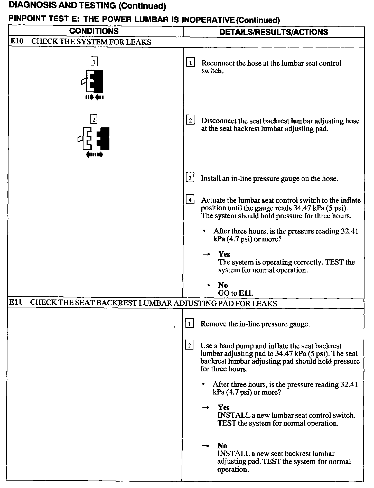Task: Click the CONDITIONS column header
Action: pos(94,31)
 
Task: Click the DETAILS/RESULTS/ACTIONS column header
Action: pos(274,32)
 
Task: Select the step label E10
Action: pos(16,42)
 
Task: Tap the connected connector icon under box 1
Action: pos(93,81)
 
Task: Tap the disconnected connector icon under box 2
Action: pos(94,138)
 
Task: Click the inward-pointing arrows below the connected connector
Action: pos(95,97)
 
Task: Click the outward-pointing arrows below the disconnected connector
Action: pos(94,155)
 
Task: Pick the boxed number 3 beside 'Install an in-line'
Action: pos(190,178)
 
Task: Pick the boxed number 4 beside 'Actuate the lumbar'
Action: pos(190,200)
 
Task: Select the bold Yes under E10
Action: pos(224,254)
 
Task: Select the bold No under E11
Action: pos(222,446)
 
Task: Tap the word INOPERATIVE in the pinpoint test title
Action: pos(208,20)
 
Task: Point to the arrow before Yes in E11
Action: pos(206,408)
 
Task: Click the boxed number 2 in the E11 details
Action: pos(189,345)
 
